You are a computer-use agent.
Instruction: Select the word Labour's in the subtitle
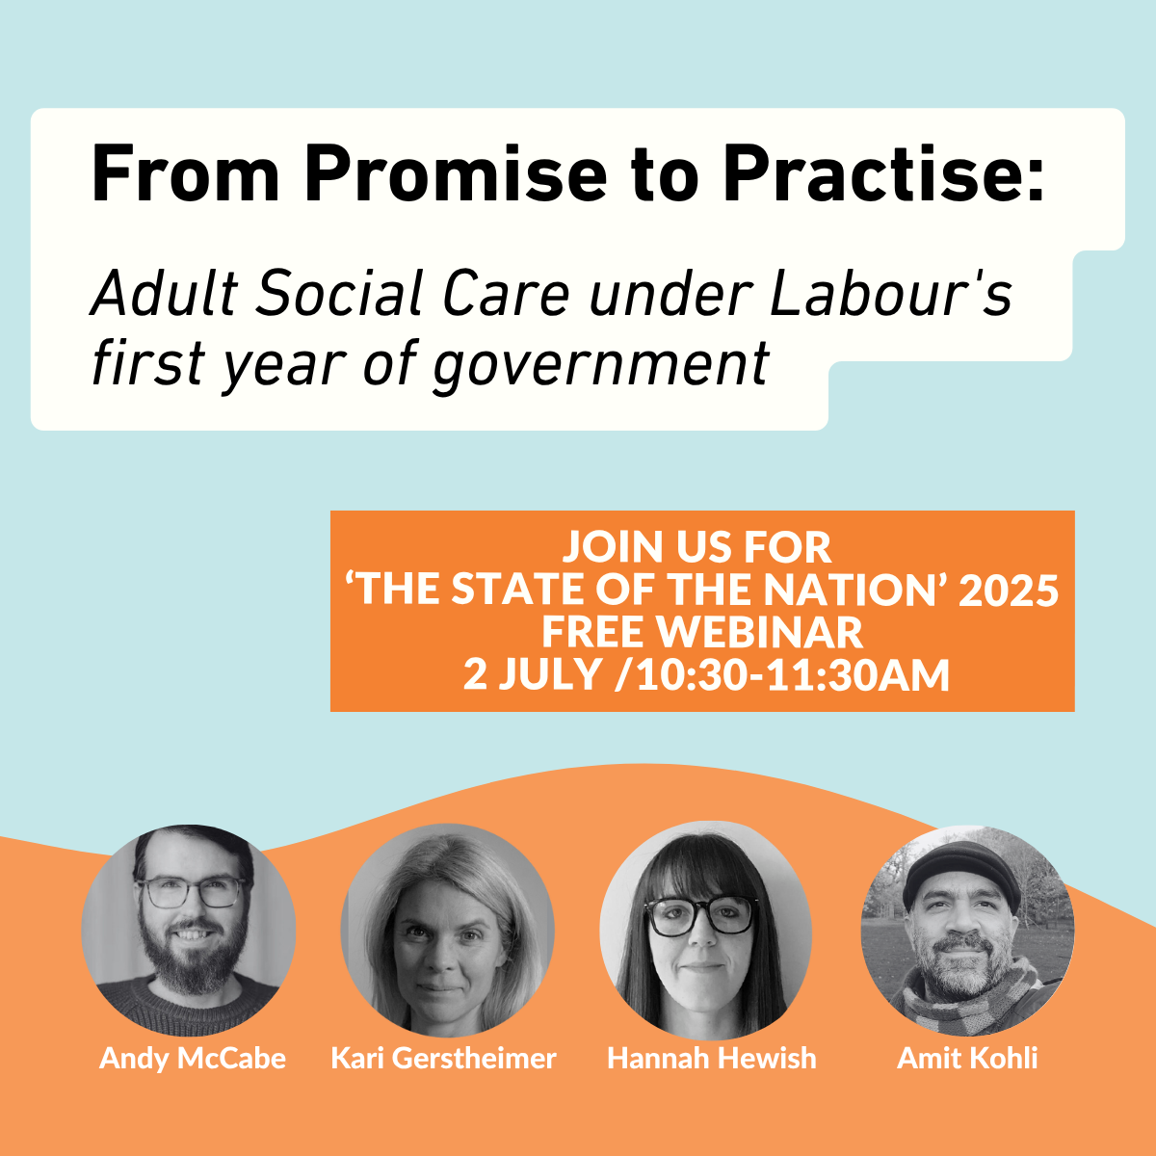click(x=891, y=294)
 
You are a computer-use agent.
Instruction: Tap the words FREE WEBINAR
click(x=701, y=632)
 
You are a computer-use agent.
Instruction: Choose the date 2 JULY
click(x=532, y=674)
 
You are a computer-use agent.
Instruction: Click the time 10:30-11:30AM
click(x=793, y=674)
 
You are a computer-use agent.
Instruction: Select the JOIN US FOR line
click(x=696, y=547)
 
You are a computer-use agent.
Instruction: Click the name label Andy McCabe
click(x=193, y=1058)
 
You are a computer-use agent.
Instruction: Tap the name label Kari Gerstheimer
click(x=443, y=1058)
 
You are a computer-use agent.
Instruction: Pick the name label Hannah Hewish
click(x=711, y=1058)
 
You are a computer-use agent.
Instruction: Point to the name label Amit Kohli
click(x=967, y=1058)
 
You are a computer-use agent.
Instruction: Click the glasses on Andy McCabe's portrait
click(x=193, y=892)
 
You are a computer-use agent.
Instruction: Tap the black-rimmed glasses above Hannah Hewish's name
click(x=701, y=916)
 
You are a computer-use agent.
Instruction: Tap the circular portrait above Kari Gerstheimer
click(x=447, y=930)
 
